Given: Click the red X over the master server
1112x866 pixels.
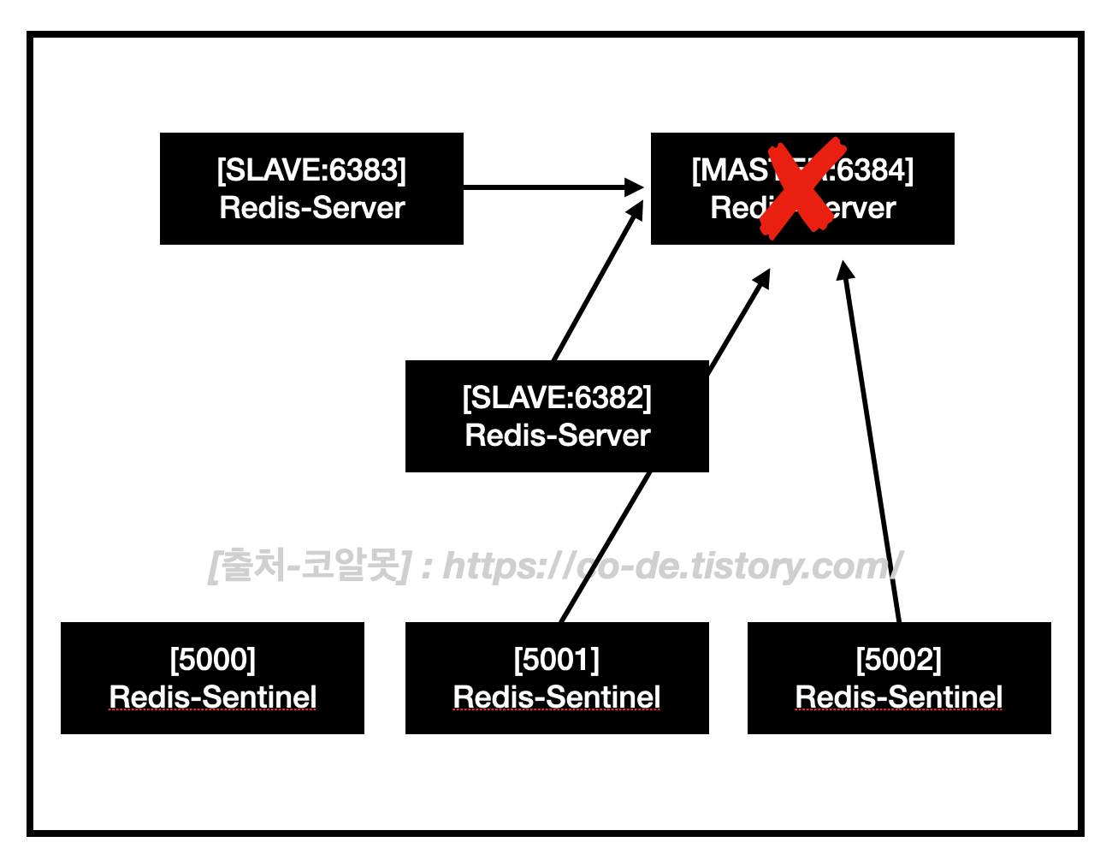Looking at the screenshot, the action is point(799,189).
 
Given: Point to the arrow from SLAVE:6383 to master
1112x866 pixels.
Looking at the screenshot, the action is point(547,187).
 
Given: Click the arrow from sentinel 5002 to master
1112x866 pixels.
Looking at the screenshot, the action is point(872,445).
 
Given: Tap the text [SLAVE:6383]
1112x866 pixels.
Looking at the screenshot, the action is point(311,170).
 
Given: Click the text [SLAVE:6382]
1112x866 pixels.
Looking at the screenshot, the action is point(557,398).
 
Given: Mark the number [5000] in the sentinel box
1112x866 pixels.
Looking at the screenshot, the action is point(212,660).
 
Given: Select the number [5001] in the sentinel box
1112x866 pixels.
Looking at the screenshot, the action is point(557,660).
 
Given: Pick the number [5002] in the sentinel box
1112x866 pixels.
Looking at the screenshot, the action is point(898,660).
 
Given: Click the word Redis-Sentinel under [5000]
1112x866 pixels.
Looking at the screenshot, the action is point(212,697).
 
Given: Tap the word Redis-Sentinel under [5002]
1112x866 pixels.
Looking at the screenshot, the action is point(898,697).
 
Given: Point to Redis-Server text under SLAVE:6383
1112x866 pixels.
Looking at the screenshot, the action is point(311,208).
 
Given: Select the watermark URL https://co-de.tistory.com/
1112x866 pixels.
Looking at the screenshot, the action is point(672,566).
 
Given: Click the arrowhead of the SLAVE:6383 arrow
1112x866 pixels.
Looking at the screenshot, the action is point(634,187).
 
